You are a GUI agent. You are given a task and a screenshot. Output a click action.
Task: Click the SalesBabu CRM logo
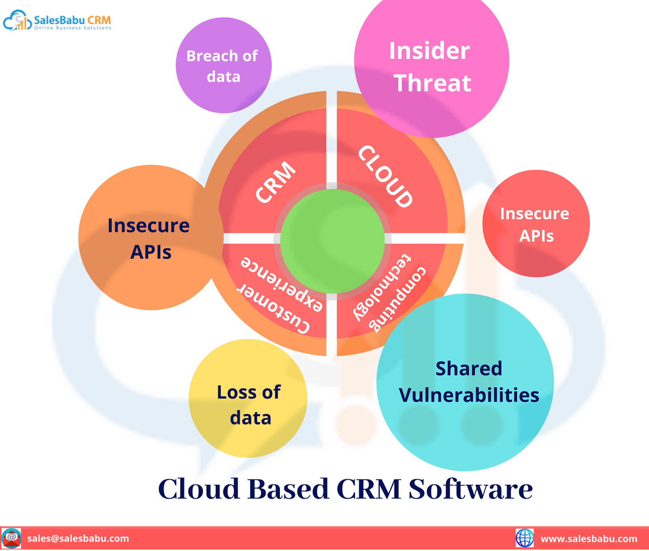(57, 21)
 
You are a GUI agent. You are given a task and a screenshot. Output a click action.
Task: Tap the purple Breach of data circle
(223, 65)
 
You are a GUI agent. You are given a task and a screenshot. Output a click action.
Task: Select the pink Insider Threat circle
(432, 61)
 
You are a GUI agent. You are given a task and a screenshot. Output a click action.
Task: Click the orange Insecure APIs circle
(151, 237)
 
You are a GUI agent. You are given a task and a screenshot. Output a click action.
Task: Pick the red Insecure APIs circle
(536, 224)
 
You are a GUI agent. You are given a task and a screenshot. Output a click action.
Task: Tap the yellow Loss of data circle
(248, 398)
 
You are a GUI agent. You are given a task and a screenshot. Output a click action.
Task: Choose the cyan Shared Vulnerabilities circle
(465, 382)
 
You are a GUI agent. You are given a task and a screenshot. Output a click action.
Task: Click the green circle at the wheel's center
(332, 241)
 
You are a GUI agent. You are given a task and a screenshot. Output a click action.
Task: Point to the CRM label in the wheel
(276, 182)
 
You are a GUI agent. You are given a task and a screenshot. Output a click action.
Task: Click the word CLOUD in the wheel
(386, 176)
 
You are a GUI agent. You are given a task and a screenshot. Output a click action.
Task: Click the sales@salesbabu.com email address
(78, 538)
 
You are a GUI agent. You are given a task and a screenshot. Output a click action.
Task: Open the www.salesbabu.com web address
(589, 539)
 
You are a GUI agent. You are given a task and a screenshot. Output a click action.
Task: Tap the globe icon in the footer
(524, 538)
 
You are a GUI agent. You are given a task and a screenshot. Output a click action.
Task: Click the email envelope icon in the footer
(11, 538)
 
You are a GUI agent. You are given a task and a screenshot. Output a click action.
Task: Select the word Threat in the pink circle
(432, 83)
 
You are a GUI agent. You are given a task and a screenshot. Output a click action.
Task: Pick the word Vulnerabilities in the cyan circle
(469, 395)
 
